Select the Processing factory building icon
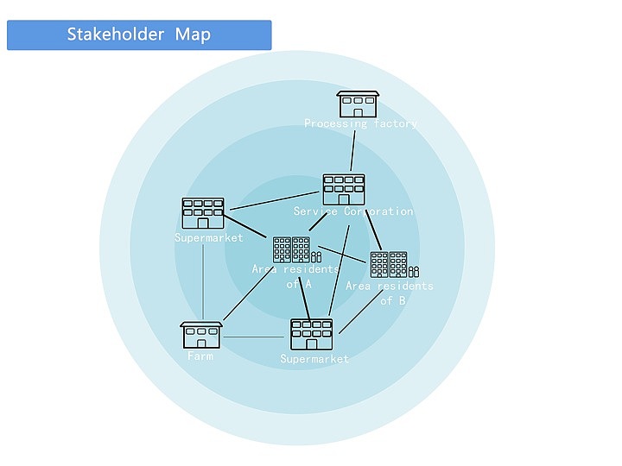coord(358,104)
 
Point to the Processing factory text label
coord(360,124)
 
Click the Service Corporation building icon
coord(344,189)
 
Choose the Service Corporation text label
coord(353,211)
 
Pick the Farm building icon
coord(201,335)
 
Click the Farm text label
coord(200,356)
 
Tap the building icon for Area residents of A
coord(292,249)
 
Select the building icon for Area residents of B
coord(389,264)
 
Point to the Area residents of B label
coord(390,293)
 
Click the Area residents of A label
coord(296,276)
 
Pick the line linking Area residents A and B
coord(344,256)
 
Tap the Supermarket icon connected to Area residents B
coord(311,334)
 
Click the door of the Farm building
coord(201,343)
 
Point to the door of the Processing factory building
coord(358,111)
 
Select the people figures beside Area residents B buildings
coord(414,273)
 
